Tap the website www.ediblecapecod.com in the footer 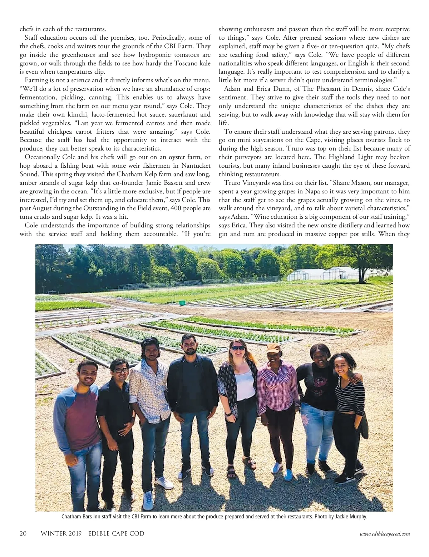(x=385, y=534)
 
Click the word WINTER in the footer (x=53, y=534)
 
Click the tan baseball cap (x=273, y=348)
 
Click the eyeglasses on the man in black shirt (x=118, y=371)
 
